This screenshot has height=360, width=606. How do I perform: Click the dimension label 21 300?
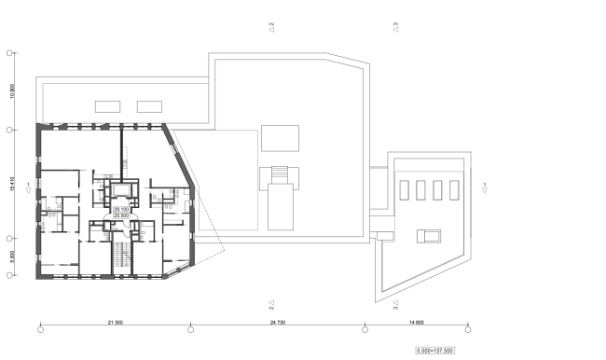[116, 322]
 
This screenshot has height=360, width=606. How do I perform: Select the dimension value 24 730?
[277, 322]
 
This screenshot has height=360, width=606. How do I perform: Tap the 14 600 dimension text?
[417, 322]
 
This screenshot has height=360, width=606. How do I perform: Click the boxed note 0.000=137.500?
[436, 351]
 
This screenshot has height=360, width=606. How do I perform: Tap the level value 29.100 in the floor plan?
[121, 211]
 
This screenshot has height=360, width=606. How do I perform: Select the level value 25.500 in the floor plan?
[121, 216]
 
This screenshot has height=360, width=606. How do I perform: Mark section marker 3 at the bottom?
[395, 304]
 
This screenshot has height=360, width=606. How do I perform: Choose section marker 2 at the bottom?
[270, 304]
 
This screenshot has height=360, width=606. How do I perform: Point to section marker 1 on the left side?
[29, 188]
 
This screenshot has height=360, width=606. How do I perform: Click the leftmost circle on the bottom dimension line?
[40, 328]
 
